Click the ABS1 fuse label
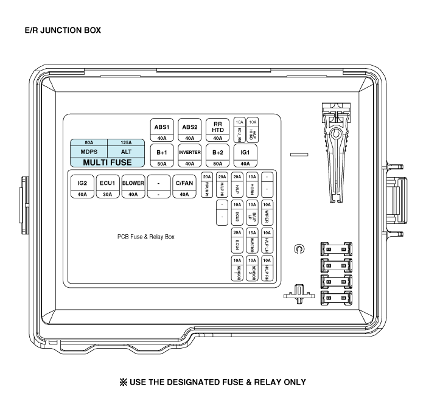[162, 127]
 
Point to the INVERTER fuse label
[190, 152]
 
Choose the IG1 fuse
[245, 152]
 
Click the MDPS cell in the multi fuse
[89, 152]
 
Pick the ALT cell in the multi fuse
[126, 152]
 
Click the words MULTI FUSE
[108, 162]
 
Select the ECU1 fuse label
[108, 182]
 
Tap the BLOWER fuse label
[133, 182]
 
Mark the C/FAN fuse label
[184, 182]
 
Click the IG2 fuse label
[82, 182]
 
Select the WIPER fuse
[266, 214]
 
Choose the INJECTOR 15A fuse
[252, 242]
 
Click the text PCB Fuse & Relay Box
[146, 236]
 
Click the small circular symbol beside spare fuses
[298, 249]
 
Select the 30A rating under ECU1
[108, 195]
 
